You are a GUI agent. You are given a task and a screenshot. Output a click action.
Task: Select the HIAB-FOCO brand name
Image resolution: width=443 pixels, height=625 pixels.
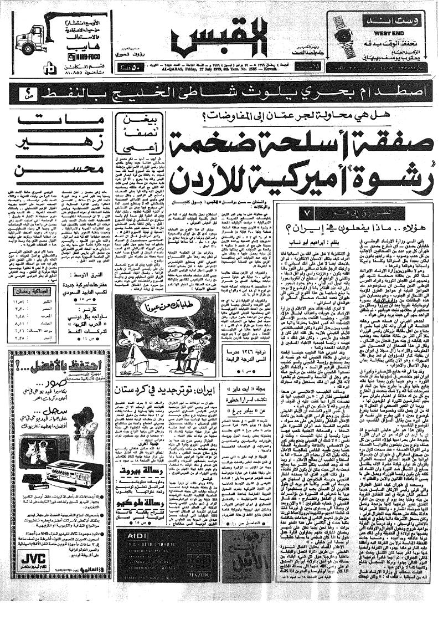(83, 57)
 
